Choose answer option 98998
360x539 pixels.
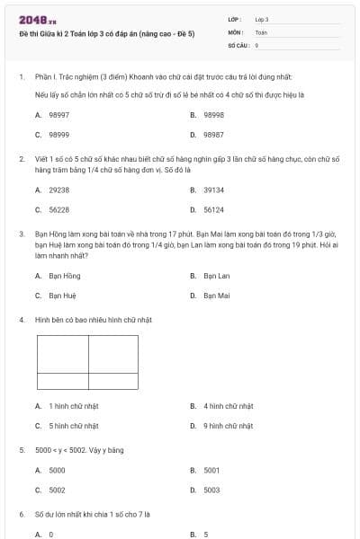coord(213,115)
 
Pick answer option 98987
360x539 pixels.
coord(213,135)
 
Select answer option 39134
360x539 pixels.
coord(213,190)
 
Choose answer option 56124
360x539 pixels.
coord(213,209)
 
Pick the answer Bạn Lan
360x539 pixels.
coord(216,275)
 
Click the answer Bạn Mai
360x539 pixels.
coord(216,295)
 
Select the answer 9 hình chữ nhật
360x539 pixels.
coord(228,425)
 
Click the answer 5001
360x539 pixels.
coord(211,470)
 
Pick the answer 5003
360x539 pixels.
coord(211,490)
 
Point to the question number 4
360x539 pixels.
coord(21,319)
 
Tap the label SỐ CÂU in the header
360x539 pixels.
coord(238,44)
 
